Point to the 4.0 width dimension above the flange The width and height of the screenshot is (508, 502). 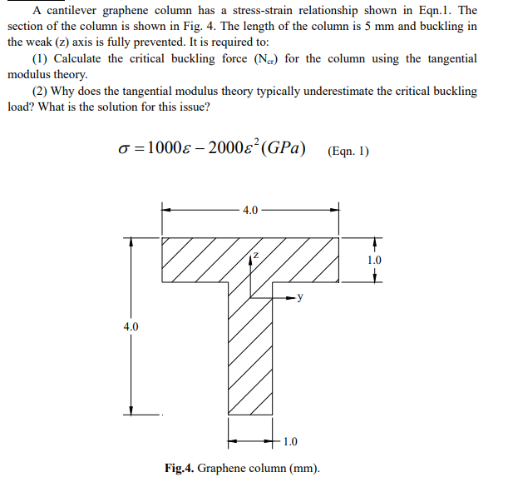[250, 210]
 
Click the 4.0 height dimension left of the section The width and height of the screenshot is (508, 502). [130, 326]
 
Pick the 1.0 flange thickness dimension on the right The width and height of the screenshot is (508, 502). [374, 261]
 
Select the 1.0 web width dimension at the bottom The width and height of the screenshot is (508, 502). [291, 440]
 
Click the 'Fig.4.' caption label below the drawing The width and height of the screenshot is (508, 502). [180, 468]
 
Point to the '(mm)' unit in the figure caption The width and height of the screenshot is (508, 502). [304, 468]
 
